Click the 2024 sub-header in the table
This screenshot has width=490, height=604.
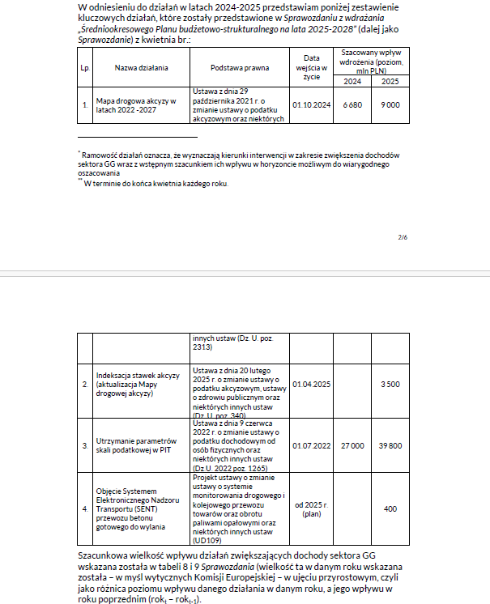click(x=352, y=82)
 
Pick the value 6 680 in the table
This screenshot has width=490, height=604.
click(x=352, y=105)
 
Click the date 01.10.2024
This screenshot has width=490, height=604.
click(x=311, y=105)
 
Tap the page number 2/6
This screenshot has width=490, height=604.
click(x=403, y=237)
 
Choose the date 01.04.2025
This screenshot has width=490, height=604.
click(x=311, y=384)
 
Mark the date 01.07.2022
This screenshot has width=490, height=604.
click(x=311, y=445)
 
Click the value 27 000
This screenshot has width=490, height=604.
click(x=352, y=445)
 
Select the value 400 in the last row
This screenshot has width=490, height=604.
click(x=391, y=508)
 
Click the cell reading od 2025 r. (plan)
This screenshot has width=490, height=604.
click(x=311, y=508)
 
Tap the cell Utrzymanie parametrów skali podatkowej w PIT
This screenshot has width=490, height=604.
click(x=136, y=445)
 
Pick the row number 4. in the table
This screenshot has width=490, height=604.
click(x=84, y=508)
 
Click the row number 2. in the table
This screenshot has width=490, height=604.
click(x=84, y=384)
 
